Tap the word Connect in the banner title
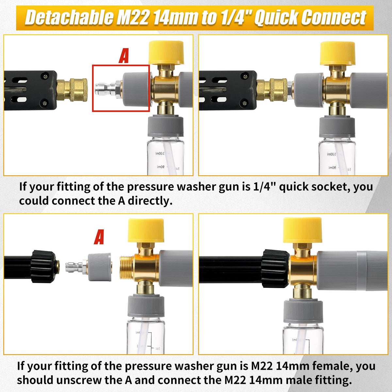(334, 18)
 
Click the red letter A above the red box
(124, 56)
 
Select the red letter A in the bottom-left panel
(99, 237)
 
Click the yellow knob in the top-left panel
(166, 52)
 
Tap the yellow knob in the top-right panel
(338, 53)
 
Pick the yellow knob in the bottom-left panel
(146, 231)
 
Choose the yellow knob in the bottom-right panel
(302, 230)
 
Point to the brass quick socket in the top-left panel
(72, 90)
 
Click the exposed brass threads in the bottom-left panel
(126, 268)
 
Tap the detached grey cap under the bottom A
(99, 267)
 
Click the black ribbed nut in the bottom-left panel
(43, 267)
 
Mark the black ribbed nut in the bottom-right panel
(276, 268)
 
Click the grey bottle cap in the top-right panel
(337, 126)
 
